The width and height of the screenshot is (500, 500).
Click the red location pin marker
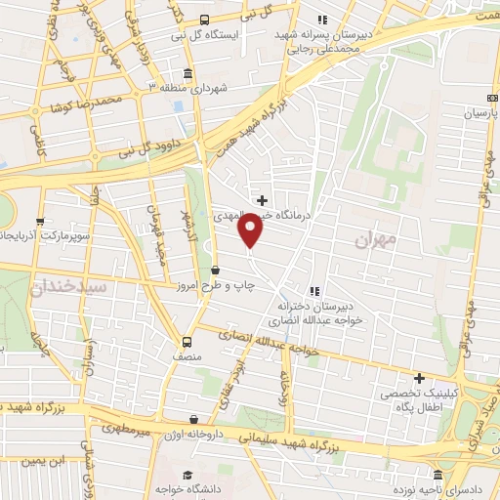tap(252, 230)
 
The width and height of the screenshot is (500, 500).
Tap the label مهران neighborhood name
tap(375, 240)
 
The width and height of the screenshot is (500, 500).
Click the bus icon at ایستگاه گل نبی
tap(204, 20)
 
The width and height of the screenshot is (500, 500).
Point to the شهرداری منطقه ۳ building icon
tap(187, 73)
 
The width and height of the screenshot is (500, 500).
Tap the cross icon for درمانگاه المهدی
tap(261, 200)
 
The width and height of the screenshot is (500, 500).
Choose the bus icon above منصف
tap(187, 342)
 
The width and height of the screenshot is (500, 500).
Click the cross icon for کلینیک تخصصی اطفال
tap(419, 378)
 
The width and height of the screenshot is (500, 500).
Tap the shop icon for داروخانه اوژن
tap(195, 421)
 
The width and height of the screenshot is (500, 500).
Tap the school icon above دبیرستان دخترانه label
tap(313, 290)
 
